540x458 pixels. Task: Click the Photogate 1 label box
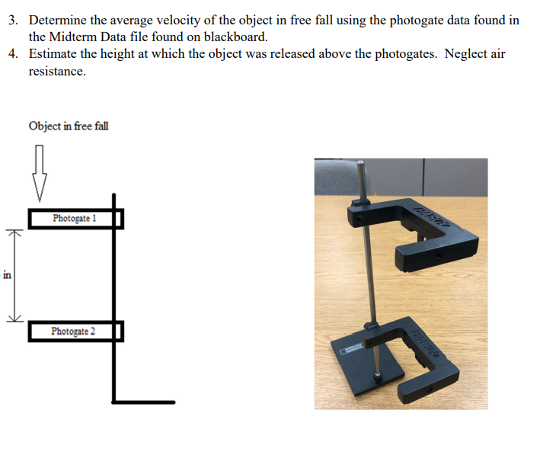[75, 219]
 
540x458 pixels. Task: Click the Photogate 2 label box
[74, 331]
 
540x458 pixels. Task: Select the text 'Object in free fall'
[69, 126]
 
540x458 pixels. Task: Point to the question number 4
[13, 55]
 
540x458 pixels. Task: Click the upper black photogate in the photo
[427, 229]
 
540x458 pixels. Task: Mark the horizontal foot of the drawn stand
[144, 402]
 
